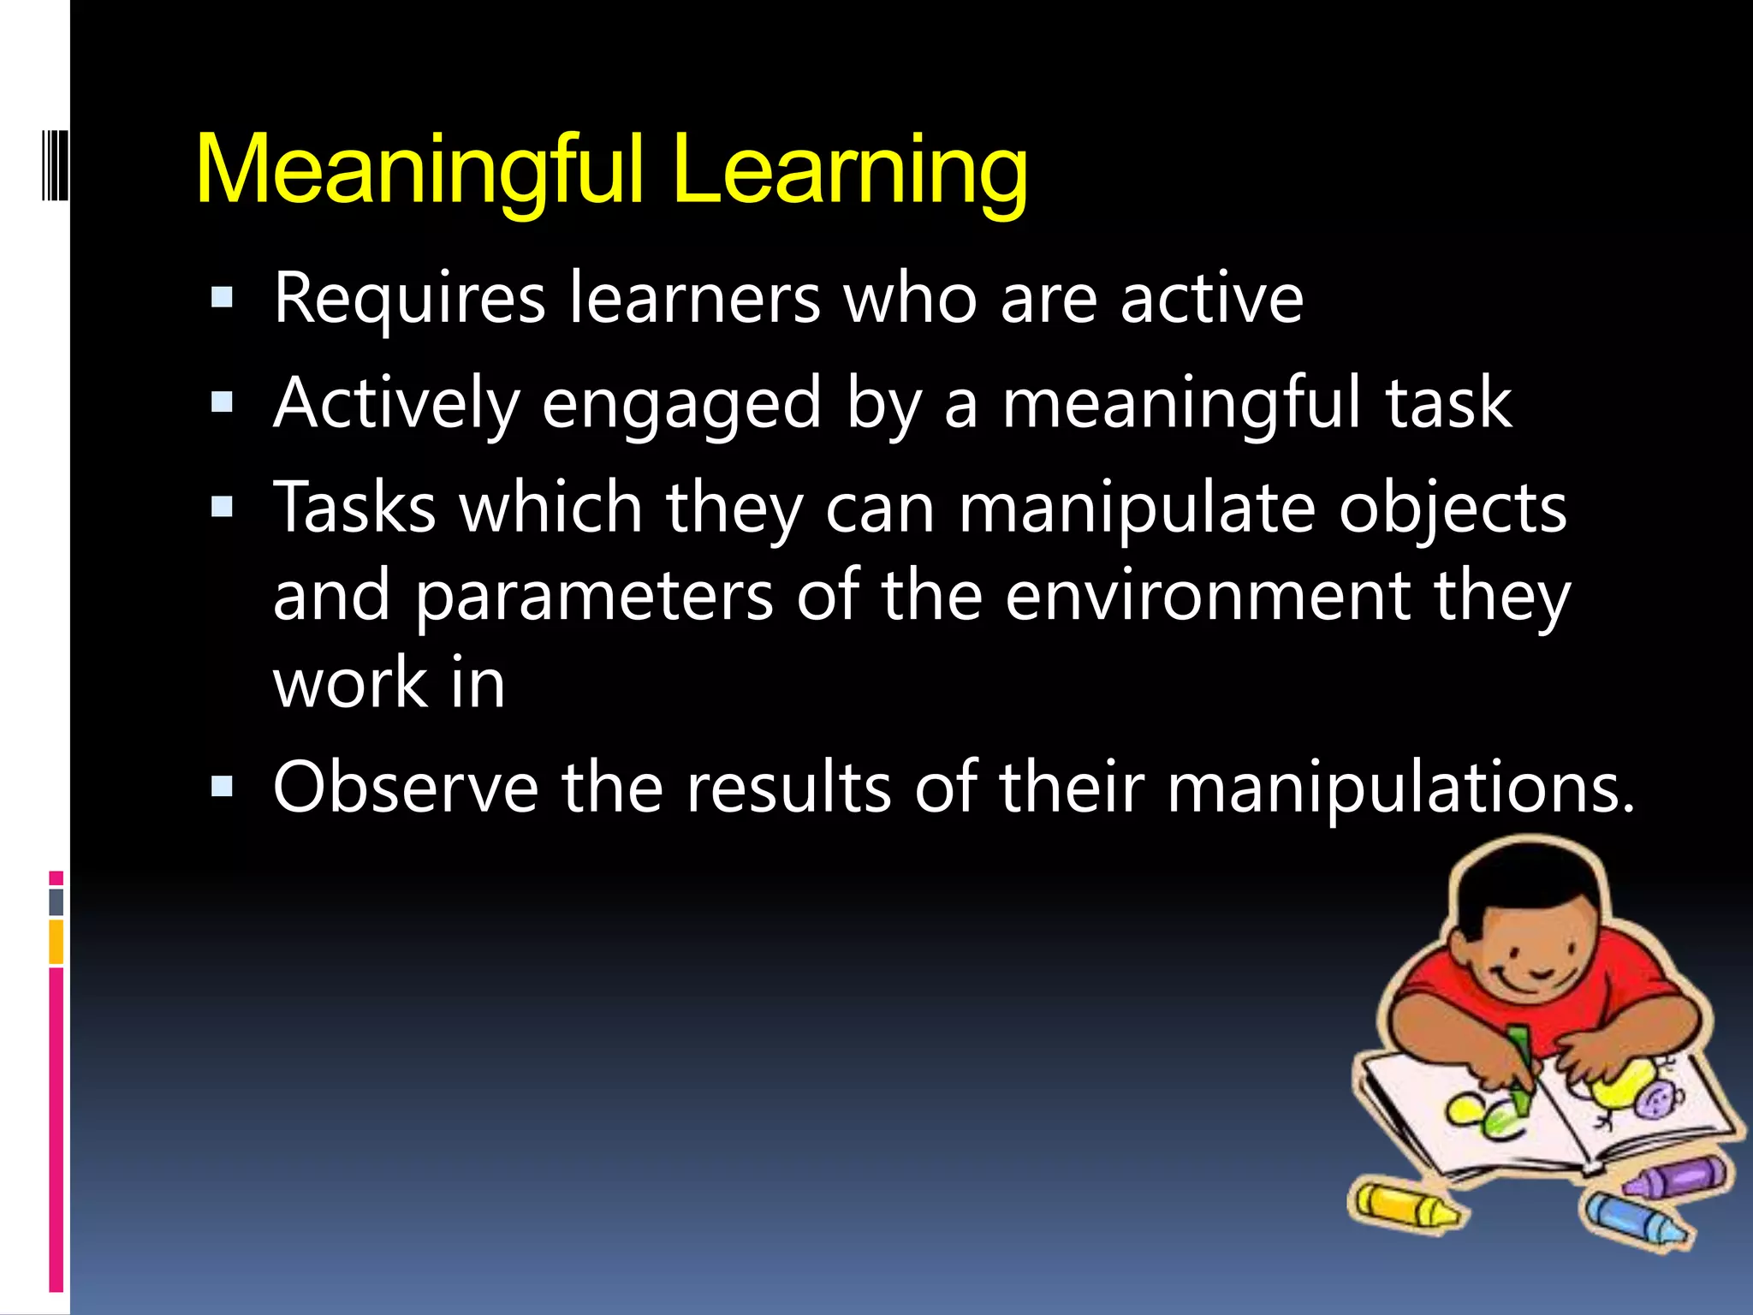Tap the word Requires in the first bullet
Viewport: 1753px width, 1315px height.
[x=409, y=300]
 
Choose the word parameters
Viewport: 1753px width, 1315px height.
[x=594, y=597]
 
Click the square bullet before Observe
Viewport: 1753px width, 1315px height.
[x=222, y=786]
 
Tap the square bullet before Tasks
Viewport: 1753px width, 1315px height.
[x=222, y=508]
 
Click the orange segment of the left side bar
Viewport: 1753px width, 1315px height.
[x=56, y=942]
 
